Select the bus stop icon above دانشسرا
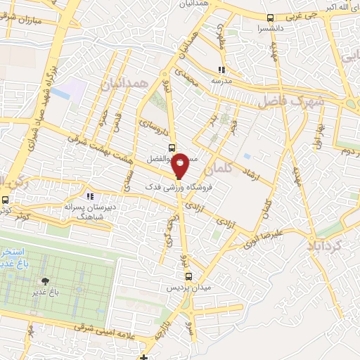(x=271, y=18)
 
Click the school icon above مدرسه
(x=222, y=70)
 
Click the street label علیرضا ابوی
(x=262, y=239)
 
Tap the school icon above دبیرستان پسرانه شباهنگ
(x=89, y=196)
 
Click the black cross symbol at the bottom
(x=144, y=357)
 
